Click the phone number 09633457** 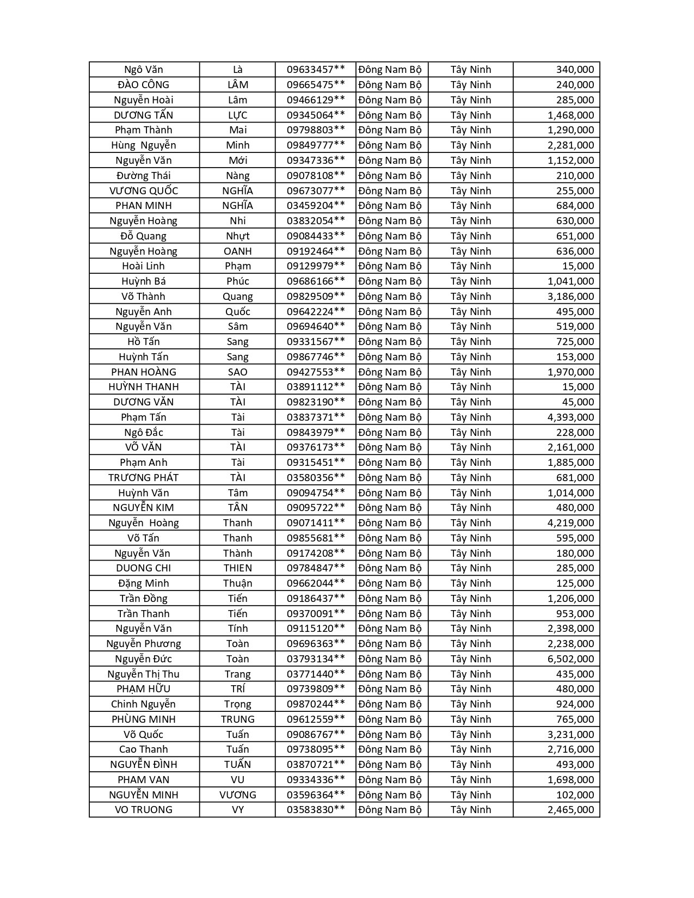coord(316,70)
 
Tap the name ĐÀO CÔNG coord(144,85)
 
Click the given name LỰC coord(237,115)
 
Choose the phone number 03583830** coord(316,810)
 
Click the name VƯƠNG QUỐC coord(144,190)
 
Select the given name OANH coord(237,251)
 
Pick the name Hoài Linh coord(144,266)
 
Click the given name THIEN coord(237,568)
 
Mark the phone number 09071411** coord(316,523)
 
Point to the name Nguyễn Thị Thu coord(144,674)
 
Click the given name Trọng coord(237,704)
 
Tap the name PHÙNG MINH coord(144,719)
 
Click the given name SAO coord(237,372)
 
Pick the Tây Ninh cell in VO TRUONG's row coord(470,810)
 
